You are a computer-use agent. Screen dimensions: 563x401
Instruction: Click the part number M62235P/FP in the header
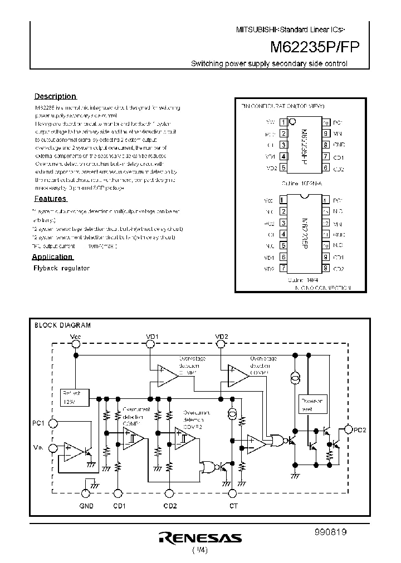pyautogui.click(x=315, y=47)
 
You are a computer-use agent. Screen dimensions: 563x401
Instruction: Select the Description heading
pyautogui.click(x=55, y=96)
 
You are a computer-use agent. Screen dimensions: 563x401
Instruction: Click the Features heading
pyautogui.click(x=51, y=199)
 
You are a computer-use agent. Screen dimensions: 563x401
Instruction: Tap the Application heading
pyautogui.click(x=52, y=256)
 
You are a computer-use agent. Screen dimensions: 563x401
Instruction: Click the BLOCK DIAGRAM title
pyautogui.click(x=62, y=325)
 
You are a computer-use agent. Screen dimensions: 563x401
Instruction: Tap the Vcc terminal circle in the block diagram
pyautogui.click(x=76, y=345)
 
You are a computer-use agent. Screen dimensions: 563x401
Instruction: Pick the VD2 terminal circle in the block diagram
pyautogui.click(x=221, y=345)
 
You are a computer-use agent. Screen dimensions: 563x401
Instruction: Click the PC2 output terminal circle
pyautogui.click(x=349, y=429)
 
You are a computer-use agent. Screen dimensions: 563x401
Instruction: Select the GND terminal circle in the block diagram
pyautogui.click(x=86, y=493)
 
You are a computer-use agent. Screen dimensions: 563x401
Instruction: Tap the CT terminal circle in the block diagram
pyautogui.click(x=233, y=493)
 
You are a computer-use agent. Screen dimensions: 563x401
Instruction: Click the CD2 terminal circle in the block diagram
pyautogui.click(x=169, y=493)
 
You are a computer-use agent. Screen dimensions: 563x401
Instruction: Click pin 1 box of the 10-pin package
pyautogui.click(x=283, y=122)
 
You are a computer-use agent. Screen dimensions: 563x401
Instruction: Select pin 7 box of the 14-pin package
pyautogui.click(x=283, y=268)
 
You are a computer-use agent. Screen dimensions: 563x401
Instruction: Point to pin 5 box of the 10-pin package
pyautogui.click(x=283, y=168)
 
